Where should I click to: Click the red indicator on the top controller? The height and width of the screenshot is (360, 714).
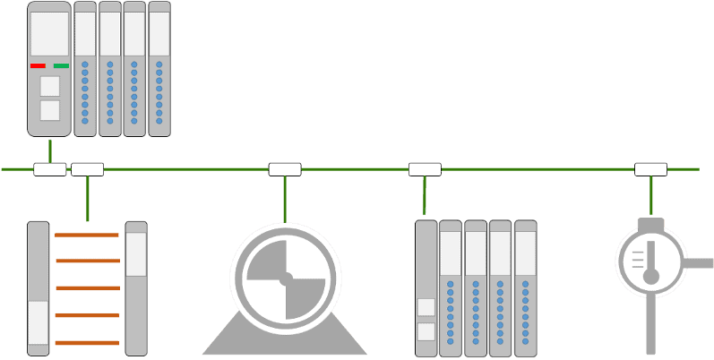38,65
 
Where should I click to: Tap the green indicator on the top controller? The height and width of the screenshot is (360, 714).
61,65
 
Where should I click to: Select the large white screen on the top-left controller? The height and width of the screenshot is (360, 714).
49,34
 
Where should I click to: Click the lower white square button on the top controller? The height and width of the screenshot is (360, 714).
50,110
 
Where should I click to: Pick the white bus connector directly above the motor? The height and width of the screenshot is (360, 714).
285,169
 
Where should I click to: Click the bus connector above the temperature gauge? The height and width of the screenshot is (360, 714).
650,169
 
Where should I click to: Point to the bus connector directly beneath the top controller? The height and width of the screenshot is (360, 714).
50,169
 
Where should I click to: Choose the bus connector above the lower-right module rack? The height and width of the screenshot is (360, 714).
425,169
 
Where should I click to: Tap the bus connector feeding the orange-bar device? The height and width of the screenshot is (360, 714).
88,169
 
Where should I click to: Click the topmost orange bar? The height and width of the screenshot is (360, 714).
86,235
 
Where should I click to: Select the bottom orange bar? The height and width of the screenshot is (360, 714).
86,343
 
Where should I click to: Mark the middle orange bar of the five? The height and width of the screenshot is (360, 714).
86,288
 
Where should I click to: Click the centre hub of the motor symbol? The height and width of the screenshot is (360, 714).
286,279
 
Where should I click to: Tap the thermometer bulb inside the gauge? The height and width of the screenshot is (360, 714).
651,276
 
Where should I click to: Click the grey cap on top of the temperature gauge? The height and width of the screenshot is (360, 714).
651,224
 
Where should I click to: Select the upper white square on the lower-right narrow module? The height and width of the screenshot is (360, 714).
426,307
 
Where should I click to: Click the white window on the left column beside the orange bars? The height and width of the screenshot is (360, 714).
38,322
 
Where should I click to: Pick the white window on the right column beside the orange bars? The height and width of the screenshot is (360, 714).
136,253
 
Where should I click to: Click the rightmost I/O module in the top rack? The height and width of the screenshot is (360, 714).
159,69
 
